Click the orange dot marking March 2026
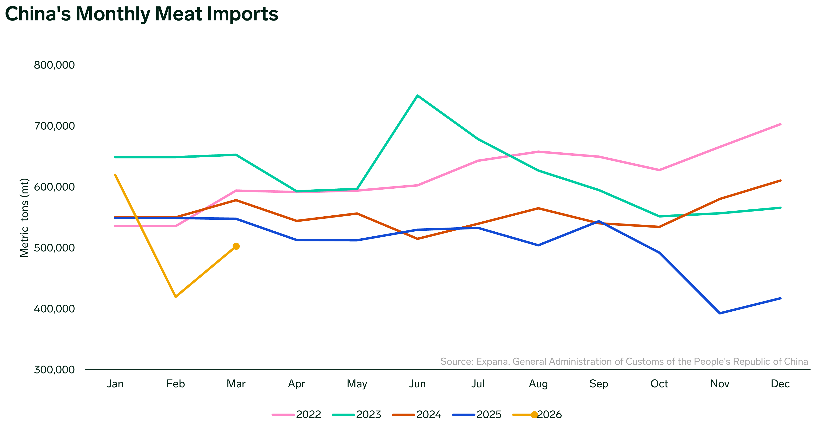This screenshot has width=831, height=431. point(236,246)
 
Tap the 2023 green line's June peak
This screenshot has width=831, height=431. point(417,96)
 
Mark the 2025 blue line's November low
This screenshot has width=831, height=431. point(720,313)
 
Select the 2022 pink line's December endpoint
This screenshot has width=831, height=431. point(780,124)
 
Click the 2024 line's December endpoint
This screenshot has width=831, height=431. point(780,181)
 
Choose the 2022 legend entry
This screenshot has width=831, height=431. point(297,415)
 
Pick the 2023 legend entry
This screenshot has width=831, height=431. point(357,415)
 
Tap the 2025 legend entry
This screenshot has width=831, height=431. point(477,415)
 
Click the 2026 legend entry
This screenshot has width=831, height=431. point(538,415)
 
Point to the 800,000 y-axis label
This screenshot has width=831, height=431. point(54,65)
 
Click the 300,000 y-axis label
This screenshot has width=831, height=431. point(54,370)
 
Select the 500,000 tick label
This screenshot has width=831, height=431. point(54,248)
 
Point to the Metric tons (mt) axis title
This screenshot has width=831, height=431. point(25,218)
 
